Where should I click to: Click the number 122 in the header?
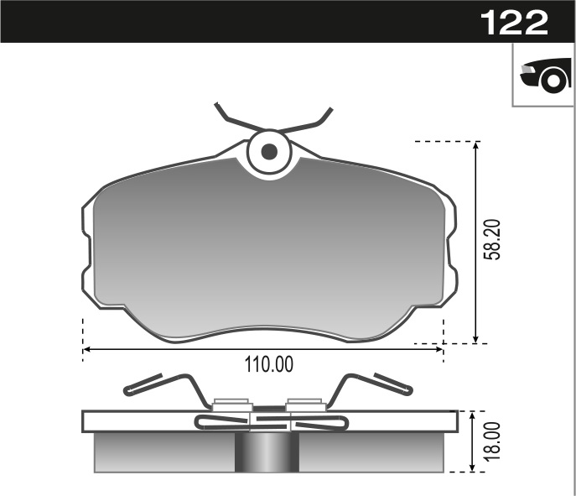pos(514,22)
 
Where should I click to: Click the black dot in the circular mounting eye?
pos(269,152)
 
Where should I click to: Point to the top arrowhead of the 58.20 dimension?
pos(475,148)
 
